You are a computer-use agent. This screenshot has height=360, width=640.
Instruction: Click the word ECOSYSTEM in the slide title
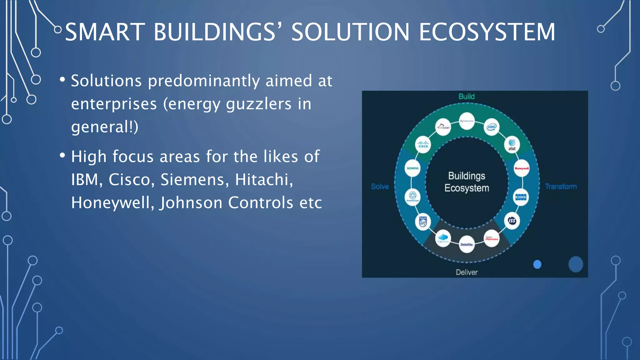(x=487, y=32)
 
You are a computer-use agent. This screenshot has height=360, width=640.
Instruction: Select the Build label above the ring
(x=467, y=97)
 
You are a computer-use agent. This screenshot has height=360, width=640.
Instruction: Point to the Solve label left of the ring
(x=380, y=187)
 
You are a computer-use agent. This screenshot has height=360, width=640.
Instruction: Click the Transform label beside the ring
(x=561, y=187)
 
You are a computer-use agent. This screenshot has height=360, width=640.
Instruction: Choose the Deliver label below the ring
(x=467, y=272)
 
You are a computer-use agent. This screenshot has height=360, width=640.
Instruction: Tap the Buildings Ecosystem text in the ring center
(x=467, y=182)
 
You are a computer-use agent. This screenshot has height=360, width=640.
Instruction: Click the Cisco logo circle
(x=423, y=145)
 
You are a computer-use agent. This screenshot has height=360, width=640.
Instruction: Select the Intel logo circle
(x=492, y=127)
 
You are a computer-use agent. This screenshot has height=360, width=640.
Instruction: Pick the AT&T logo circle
(x=512, y=145)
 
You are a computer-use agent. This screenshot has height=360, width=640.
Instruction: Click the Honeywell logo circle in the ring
(x=522, y=168)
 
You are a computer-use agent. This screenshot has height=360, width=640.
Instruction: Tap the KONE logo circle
(x=521, y=197)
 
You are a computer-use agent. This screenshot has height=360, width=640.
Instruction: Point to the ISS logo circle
(x=512, y=221)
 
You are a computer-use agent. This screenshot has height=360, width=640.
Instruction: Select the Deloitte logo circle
(x=467, y=244)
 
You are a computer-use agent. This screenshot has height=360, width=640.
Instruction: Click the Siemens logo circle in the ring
(x=412, y=168)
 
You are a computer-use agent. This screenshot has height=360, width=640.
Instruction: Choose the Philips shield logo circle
(x=423, y=222)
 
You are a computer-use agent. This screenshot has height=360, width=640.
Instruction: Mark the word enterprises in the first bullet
(x=114, y=104)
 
